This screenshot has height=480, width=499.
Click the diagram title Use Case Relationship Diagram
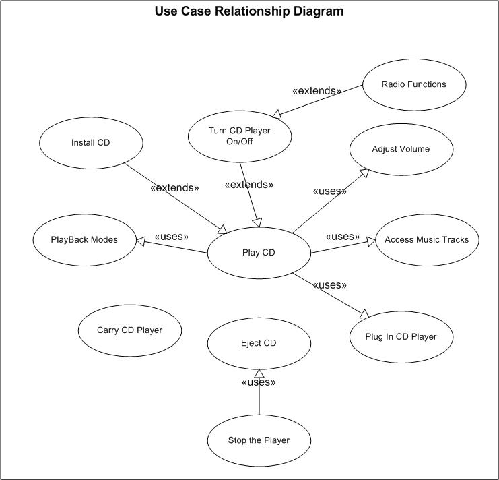(249, 11)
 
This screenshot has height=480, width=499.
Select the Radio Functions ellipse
(413, 84)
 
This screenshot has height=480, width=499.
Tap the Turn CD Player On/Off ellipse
(239, 136)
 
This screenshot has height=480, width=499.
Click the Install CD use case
(90, 142)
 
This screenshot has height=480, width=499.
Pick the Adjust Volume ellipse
(401, 149)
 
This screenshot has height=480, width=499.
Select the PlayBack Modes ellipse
(84, 239)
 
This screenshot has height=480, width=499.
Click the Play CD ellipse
(259, 253)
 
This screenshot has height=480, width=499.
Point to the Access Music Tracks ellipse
(426, 239)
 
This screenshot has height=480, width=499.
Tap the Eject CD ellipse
(259, 343)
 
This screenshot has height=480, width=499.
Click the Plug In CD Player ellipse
(401, 336)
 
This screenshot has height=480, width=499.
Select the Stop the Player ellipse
(259, 440)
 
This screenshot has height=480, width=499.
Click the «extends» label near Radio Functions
(317, 90)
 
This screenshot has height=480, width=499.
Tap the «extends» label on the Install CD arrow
(174, 187)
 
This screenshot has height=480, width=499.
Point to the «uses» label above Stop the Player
(259, 382)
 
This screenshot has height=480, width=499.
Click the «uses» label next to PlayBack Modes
(171, 237)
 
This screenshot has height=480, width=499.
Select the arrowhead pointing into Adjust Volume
(364, 173)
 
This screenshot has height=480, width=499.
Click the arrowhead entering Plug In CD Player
(364, 313)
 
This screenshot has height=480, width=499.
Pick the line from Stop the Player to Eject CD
(259, 401)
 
